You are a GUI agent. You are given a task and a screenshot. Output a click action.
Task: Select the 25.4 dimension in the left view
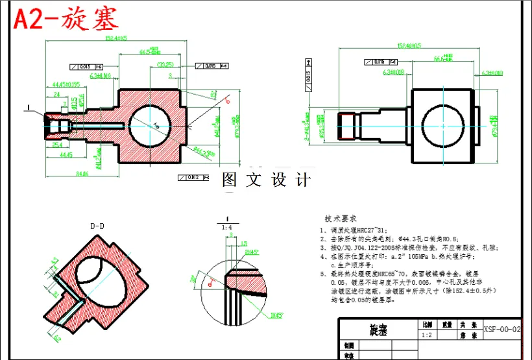click(57, 145)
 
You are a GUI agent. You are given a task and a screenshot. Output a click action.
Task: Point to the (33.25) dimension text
click(165, 64)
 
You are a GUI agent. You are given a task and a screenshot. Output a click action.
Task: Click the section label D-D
click(98, 226)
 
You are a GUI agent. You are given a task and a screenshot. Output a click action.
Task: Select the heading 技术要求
click(341, 219)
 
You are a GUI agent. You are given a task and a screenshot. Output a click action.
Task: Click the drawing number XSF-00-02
click(502, 330)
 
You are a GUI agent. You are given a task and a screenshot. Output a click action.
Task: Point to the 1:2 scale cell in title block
click(428, 336)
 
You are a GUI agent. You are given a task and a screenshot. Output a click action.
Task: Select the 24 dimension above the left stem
click(56, 94)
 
